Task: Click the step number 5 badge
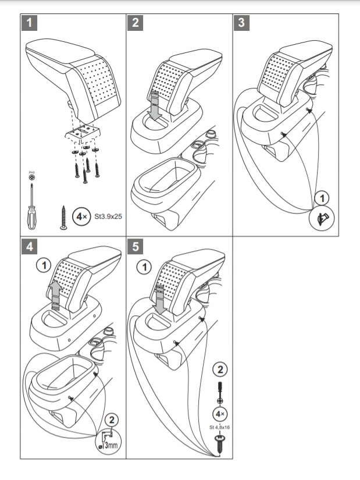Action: [x=136, y=247]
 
